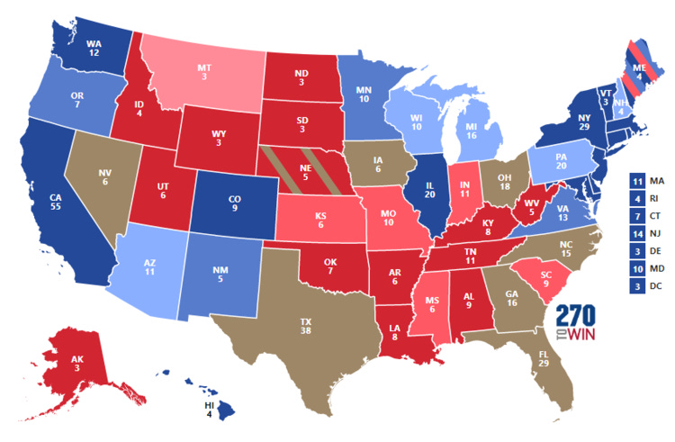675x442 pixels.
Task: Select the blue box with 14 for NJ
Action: point(636,233)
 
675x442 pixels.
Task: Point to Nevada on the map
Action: point(105,179)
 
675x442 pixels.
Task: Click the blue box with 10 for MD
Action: point(636,267)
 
